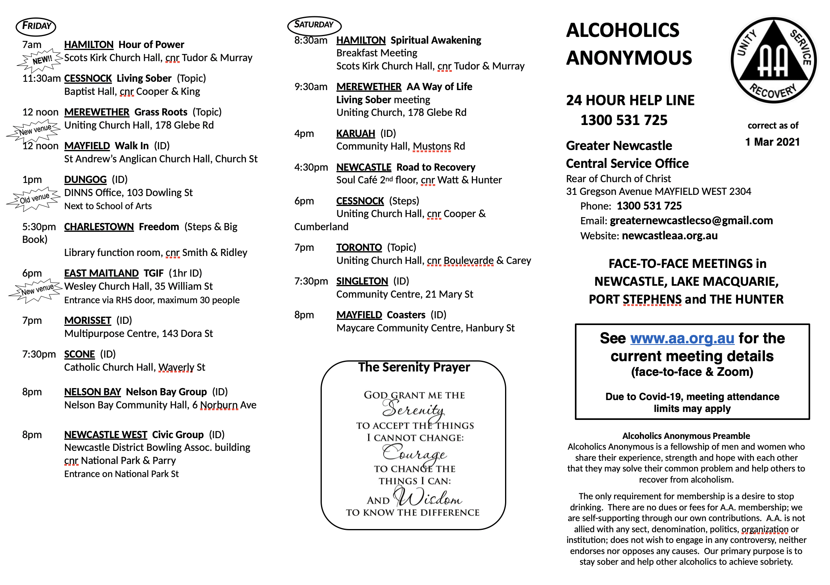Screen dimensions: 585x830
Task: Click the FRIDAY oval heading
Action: (36, 26)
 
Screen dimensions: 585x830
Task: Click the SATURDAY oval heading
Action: (314, 25)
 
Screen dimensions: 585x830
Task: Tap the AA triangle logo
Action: (773, 60)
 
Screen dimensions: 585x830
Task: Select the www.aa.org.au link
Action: (682, 338)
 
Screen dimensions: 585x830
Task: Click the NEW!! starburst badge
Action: (41, 60)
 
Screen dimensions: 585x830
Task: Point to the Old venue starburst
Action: (34, 198)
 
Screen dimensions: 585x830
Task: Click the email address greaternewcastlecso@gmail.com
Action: (691, 221)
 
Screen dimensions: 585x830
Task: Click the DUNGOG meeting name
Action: (85, 179)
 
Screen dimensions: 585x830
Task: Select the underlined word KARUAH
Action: (355, 133)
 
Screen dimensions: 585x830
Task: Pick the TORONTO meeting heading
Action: (359, 247)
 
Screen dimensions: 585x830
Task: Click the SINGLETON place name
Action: (362, 281)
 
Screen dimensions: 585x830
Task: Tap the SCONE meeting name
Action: (79, 354)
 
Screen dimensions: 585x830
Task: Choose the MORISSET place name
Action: (88, 320)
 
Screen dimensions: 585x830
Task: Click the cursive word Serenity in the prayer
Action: (413, 409)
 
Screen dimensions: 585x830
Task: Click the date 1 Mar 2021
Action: (772, 142)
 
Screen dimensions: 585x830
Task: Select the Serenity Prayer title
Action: (414, 367)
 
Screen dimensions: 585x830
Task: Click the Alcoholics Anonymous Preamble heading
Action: (686, 436)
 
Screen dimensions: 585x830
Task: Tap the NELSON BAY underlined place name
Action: (92, 392)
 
